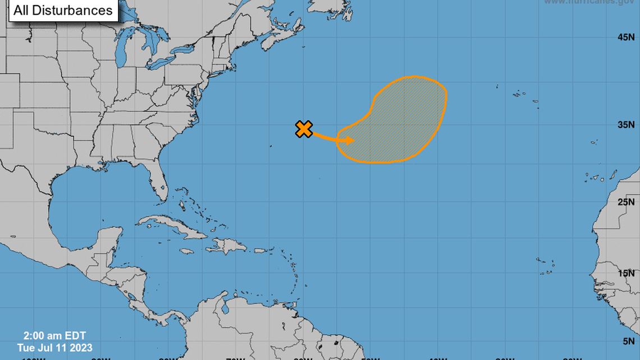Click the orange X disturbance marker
click(x=304, y=129)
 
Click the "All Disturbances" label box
click(x=63, y=10)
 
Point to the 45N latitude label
click(x=626, y=37)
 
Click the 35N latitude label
click(x=626, y=125)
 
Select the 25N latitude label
click(x=626, y=202)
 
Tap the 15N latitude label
click(x=626, y=273)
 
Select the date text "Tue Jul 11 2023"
click(x=54, y=348)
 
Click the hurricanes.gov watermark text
click(x=589, y=2)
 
